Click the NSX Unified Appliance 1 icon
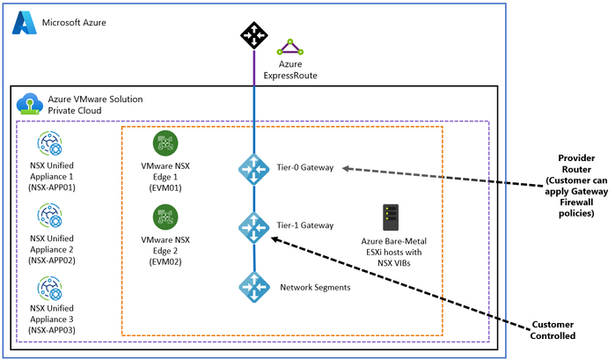48,143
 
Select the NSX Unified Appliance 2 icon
48,215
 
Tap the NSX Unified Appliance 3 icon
48,288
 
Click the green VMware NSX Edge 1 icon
165,143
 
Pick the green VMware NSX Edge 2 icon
165,216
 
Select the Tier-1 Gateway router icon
253,226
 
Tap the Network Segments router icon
253,287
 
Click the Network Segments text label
316,288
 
